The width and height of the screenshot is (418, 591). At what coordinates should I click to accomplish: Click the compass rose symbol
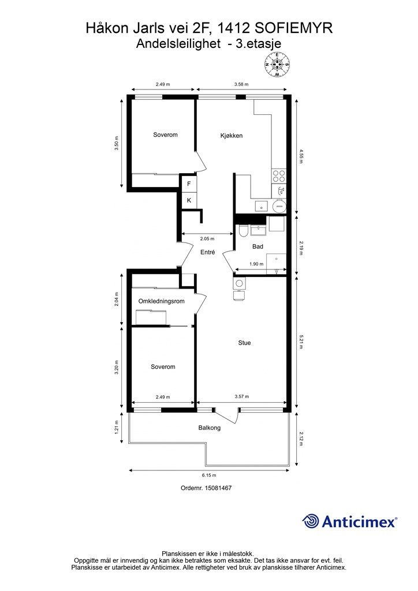pos(277,65)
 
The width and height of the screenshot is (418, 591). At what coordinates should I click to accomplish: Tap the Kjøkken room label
pos(231,136)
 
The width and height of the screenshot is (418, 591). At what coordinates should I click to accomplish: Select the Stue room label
pos(244,343)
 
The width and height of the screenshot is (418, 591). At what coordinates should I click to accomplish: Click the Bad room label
pos(258,246)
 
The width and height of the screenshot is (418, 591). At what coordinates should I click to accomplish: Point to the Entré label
pos(208,252)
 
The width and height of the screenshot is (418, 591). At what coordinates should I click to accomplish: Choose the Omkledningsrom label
pos(161,301)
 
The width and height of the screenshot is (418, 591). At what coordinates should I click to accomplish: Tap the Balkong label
pos(210,428)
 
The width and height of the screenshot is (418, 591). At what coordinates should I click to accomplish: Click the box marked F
pos(189,184)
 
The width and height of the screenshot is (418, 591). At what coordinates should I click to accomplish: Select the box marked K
pos(189,200)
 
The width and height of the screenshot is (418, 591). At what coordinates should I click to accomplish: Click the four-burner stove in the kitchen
pos(279,176)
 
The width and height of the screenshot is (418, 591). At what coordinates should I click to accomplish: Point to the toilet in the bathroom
pos(242,230)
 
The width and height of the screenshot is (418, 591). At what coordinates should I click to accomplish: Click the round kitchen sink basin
pos(279,206)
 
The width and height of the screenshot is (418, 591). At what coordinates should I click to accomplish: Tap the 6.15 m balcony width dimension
pos(209,475)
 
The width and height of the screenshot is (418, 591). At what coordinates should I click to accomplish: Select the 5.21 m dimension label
pos(301,343)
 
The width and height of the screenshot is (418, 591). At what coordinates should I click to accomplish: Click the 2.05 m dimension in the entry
pos(207,238)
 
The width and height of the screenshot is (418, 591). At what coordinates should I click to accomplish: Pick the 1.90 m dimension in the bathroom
pos(256,264)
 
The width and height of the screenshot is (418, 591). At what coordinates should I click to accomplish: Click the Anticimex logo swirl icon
pos(311,521)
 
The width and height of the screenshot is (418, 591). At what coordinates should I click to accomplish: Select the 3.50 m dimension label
pos(117,143)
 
